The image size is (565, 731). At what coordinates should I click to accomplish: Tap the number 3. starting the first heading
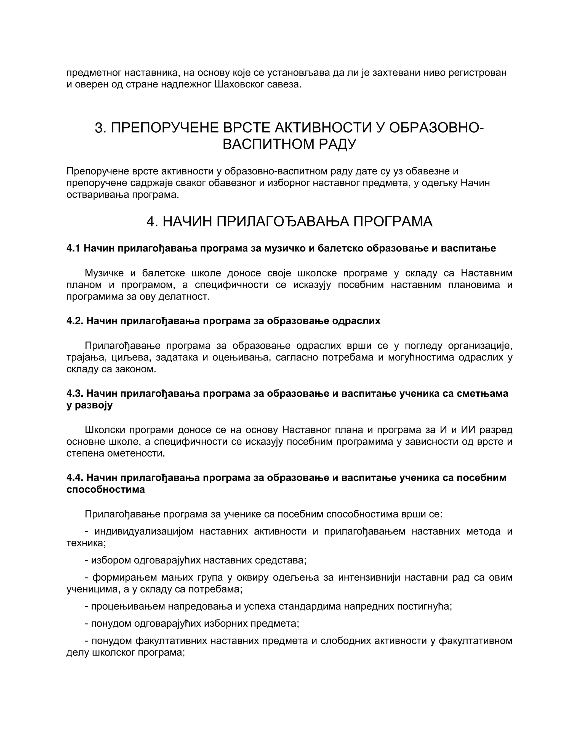point(100,128)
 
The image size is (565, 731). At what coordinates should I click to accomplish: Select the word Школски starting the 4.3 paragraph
point(104,430)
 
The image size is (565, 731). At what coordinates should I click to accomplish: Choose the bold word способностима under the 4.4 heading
point(105,489)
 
